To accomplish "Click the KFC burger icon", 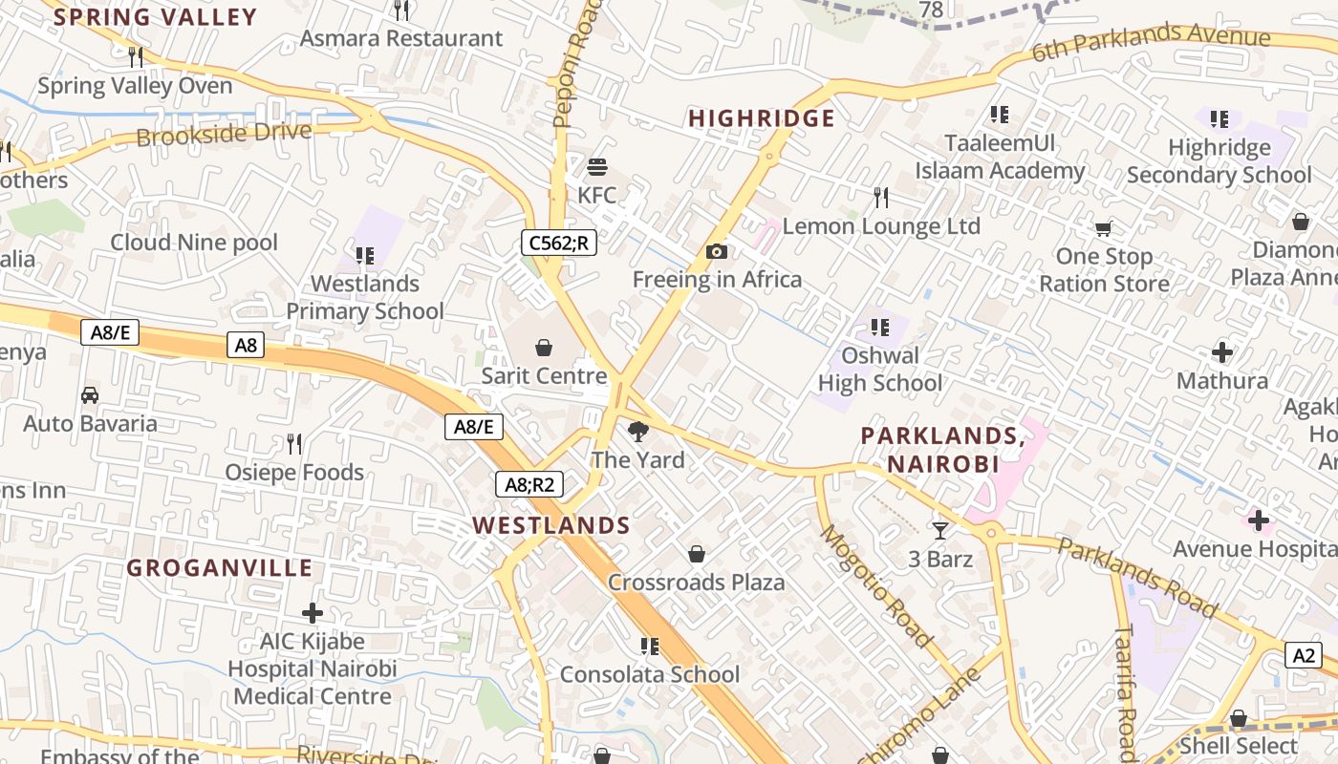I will click(597, 167).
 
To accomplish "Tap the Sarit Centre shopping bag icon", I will click(544, 347).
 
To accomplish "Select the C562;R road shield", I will click(559, 243).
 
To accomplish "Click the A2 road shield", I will click(1305, 655).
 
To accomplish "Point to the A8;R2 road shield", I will click(529, 484).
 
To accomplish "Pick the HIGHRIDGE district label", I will click(762, 118).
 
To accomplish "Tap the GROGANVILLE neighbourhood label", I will click(220, 568).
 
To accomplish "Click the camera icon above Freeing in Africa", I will click(717, 251).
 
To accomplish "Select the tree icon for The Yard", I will click(637, 432).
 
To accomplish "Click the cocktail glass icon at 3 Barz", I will click(940, 530).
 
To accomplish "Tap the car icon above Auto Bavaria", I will click(90, 394).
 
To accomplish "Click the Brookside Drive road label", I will click(224, 134).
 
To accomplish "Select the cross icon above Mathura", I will click(1221, 352).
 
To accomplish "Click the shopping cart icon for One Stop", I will click(1104, 228).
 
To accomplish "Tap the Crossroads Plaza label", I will click(696, 583).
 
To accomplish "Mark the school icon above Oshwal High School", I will click(880, 328).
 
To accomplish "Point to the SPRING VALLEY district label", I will click(156, 17).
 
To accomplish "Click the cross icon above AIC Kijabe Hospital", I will click(312, 613).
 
